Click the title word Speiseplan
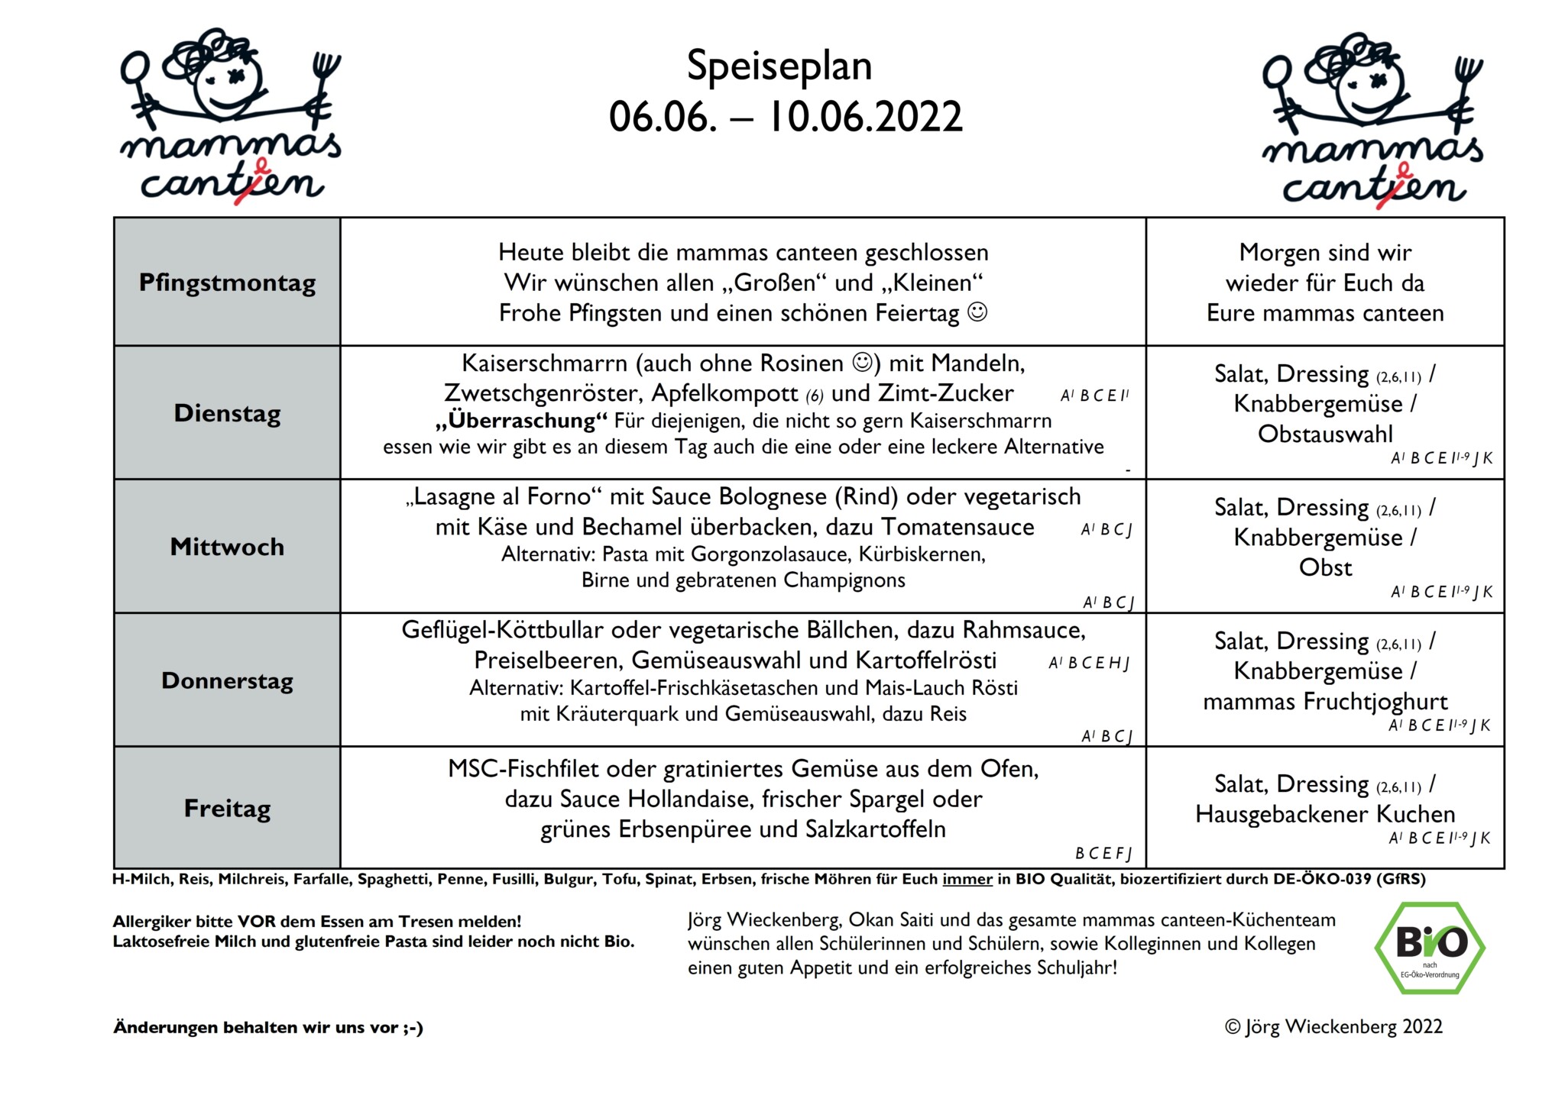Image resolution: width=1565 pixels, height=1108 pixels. click(779, 66)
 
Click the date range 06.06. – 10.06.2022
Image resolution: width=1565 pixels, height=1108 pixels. click(785, 118)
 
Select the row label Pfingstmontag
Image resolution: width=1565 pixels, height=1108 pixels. click(227, 283)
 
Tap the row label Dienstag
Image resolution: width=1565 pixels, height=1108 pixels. click(227, 413)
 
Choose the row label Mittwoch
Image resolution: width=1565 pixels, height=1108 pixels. click(227, 547)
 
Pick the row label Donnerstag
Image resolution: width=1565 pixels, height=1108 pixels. click(227, 680)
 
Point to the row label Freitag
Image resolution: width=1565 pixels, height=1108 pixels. click(227, 808)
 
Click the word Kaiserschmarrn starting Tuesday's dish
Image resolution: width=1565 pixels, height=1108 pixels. click(544, 363)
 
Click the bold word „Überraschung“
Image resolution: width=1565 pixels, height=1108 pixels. click(522, 421)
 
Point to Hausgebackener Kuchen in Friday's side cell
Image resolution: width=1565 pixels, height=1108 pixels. click(1324, 814)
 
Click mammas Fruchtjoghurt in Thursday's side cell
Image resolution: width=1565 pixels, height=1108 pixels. click(1324, 701)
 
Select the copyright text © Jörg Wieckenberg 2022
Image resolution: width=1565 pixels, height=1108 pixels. click(1333, 1026)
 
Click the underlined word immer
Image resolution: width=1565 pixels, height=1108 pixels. click(967, 879)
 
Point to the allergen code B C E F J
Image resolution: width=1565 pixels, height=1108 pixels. click(1103, 853)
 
